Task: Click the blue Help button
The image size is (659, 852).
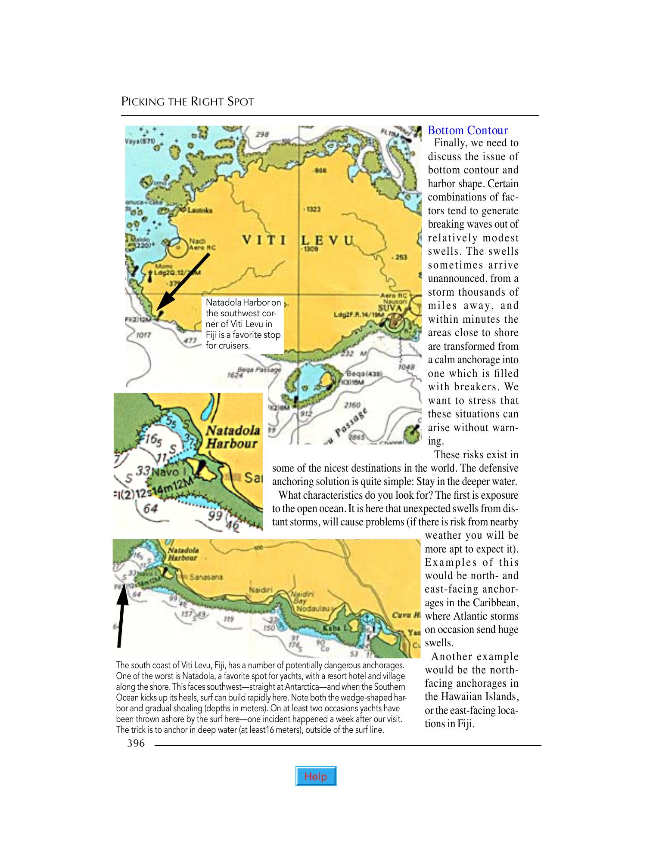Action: [x=316, y=776]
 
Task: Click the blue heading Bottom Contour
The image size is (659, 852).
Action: [x=467, y=130]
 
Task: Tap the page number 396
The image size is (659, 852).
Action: [x=136, y=744]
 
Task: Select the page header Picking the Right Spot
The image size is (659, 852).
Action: [x=187, y=102]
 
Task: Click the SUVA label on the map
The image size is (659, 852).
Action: [x=389, y=308]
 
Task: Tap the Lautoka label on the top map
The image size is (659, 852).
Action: [x=197, y=210]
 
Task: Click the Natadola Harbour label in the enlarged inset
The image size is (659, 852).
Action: [x=233, y=437]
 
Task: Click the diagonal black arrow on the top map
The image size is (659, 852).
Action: [x=183, y=282]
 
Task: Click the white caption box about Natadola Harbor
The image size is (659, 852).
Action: [x=243, y=324]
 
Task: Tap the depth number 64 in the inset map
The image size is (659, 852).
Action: [x=150, y=508]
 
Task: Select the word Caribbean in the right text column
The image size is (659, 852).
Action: [x=495, y=602]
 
